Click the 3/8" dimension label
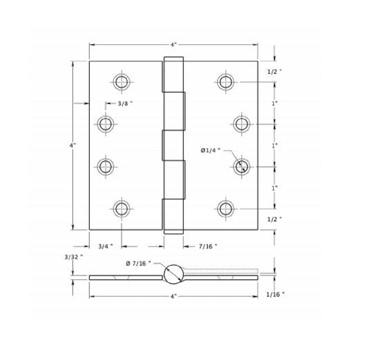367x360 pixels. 125,103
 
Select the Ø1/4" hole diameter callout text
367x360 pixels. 210,150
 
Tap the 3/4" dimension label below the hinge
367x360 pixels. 106,247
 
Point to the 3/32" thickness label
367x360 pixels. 74,257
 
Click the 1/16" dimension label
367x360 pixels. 275,294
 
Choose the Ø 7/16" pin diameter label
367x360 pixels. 138,264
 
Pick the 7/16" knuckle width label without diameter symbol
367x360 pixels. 208,247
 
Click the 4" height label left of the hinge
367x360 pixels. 73,145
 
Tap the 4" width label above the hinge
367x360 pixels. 174,45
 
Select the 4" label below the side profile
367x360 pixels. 174,296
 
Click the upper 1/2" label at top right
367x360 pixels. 274,72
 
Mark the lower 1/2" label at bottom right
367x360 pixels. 274,219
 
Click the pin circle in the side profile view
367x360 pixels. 174,274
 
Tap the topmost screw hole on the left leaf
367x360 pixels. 121,82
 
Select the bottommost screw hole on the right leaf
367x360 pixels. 226,208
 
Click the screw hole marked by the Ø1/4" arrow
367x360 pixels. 241,167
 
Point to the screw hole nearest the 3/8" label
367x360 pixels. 106,124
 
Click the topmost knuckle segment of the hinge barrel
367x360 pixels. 174,74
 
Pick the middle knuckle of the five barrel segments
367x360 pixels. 173,145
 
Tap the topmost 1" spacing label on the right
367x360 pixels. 275,103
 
